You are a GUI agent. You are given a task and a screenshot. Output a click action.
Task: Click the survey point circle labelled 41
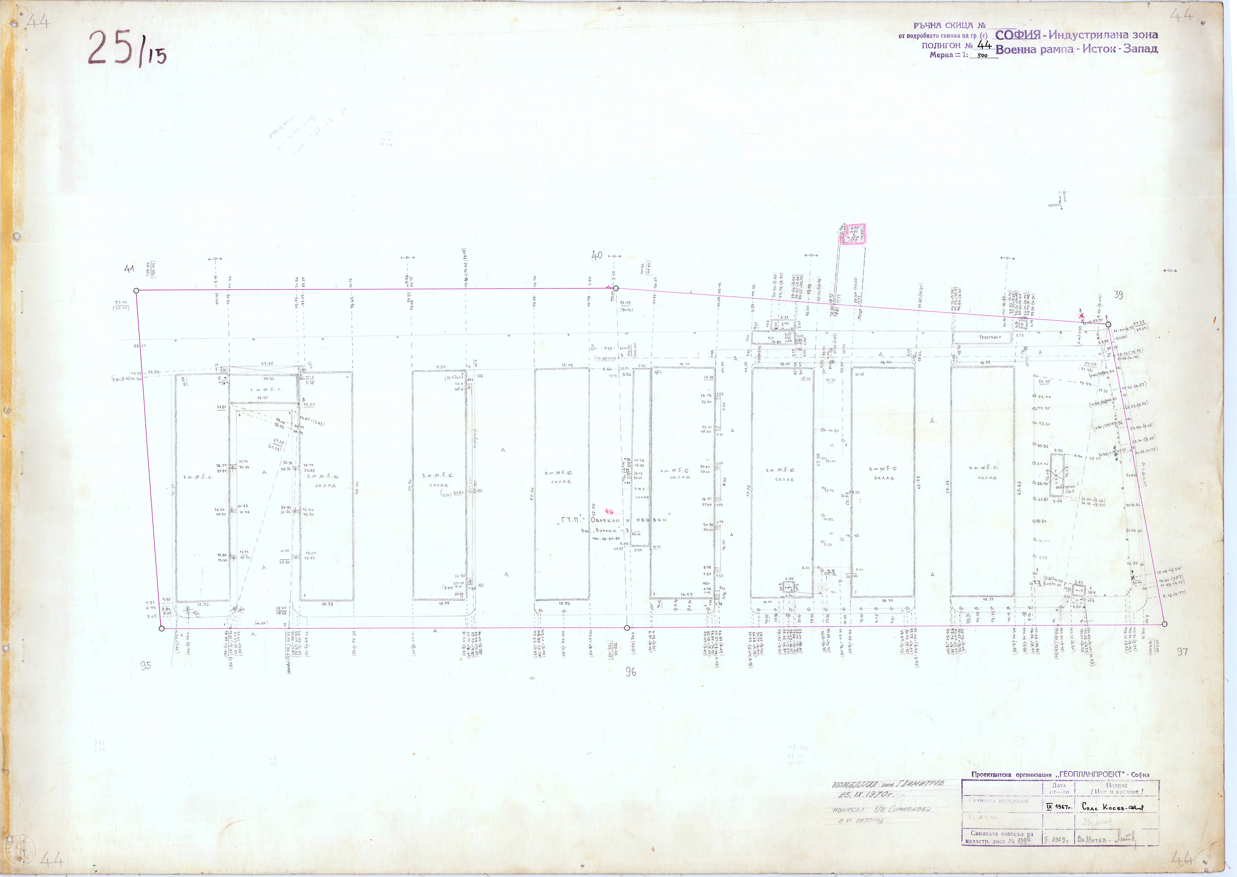click(x=136, y=291)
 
